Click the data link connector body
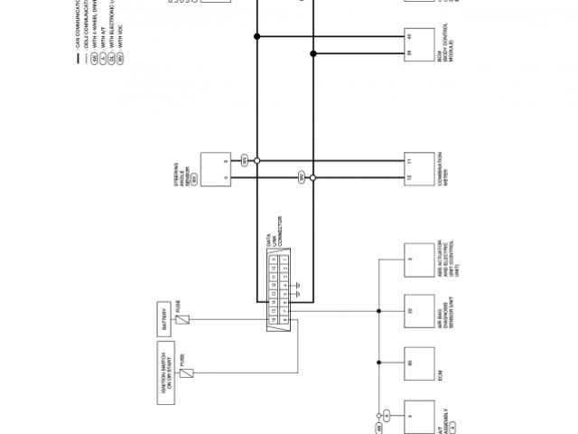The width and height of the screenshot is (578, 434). pos(279,288)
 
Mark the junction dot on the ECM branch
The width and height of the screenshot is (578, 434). pos(378,363)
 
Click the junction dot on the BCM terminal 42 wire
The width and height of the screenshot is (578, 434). pos(257,37)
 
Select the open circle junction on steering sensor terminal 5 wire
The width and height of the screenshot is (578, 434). pos(257,160)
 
